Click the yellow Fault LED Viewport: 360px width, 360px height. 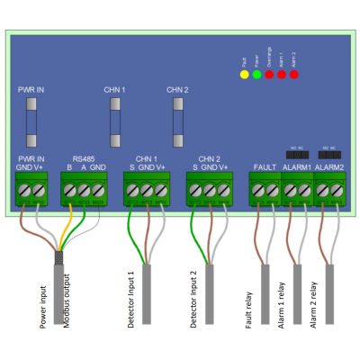(244, 74)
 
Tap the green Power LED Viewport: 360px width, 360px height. (256, 74)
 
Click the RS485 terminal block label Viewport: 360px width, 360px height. (83, 157)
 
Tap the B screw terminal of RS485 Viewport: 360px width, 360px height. (69, 190)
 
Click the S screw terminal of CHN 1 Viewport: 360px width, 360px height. (132, 190)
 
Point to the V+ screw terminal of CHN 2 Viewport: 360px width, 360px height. (224, 190)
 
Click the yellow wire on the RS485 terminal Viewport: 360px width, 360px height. (66, 225)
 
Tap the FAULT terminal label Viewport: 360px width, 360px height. (265, 166)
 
